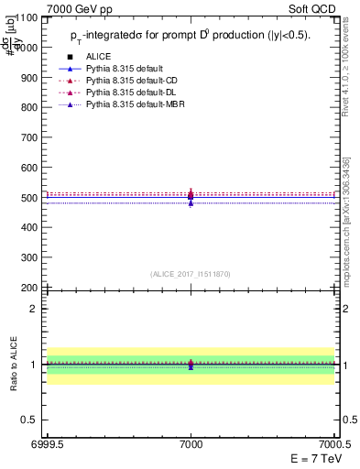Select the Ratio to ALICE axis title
[13, 365]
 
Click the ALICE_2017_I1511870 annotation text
[191, 274]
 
